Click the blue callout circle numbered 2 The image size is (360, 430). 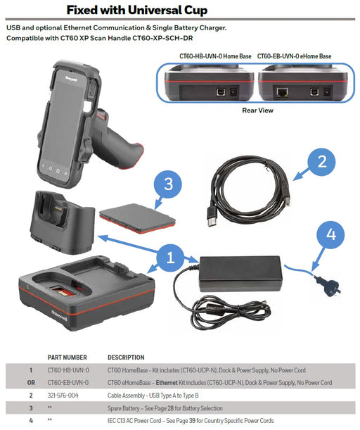[x=321, y=162]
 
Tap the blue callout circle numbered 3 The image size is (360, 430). [x=168, y=184]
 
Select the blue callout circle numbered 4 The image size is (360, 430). [x=330, y=234]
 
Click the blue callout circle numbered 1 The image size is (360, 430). [x=170, y=258]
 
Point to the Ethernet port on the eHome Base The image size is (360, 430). [x=282, y=92]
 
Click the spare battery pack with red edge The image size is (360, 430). [x=137, y=218]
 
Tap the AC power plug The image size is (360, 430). [x=328, y=286]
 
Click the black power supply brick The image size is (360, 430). [x=240, y=273]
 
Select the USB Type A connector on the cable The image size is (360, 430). [x=212, y=217]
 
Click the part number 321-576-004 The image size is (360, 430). [x=63, y=396]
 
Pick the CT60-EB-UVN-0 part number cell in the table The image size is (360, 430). [x=68, y=383]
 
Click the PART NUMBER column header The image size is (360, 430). [x=67, y=358]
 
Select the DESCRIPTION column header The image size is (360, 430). [x=126, y=358]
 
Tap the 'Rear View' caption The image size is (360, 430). [x=257, y=110]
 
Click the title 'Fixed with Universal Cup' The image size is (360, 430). [x=137, y=10]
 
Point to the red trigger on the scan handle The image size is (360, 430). [x=102, y=114]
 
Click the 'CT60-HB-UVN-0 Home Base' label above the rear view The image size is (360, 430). [x=215, y=56]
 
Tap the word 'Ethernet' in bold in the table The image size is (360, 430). [x=167, y=383]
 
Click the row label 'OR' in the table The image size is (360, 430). [x=31, y=383]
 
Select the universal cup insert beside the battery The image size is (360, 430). [x=63, y=222]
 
